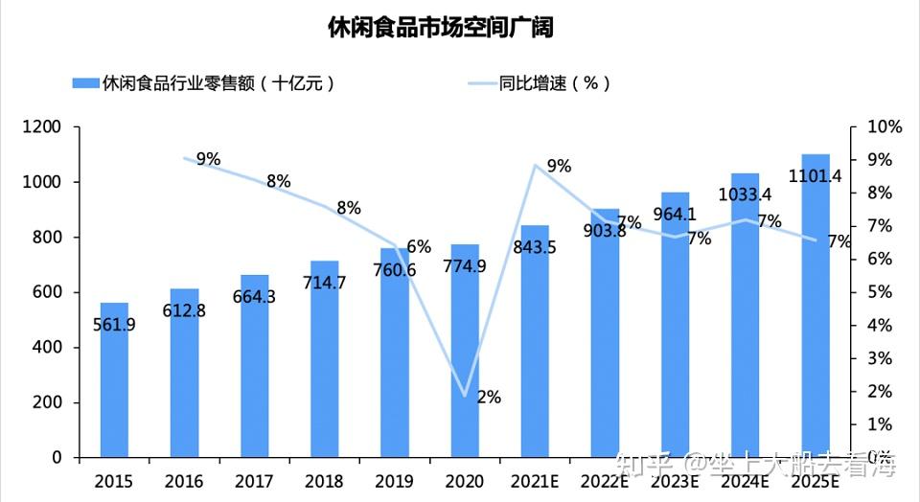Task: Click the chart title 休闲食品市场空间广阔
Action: coord(440,27)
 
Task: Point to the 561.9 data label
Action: coord(114,325)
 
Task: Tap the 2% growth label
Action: coord(489,398)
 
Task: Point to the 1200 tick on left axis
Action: coord(42,126)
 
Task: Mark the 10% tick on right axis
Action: coord(884,126)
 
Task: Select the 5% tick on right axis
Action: coord(879,292)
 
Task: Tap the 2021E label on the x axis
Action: coord(535,480)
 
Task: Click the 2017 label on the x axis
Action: coord(254,480)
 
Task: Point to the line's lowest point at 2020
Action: coord(465,395)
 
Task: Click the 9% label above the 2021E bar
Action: coord(559,167)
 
